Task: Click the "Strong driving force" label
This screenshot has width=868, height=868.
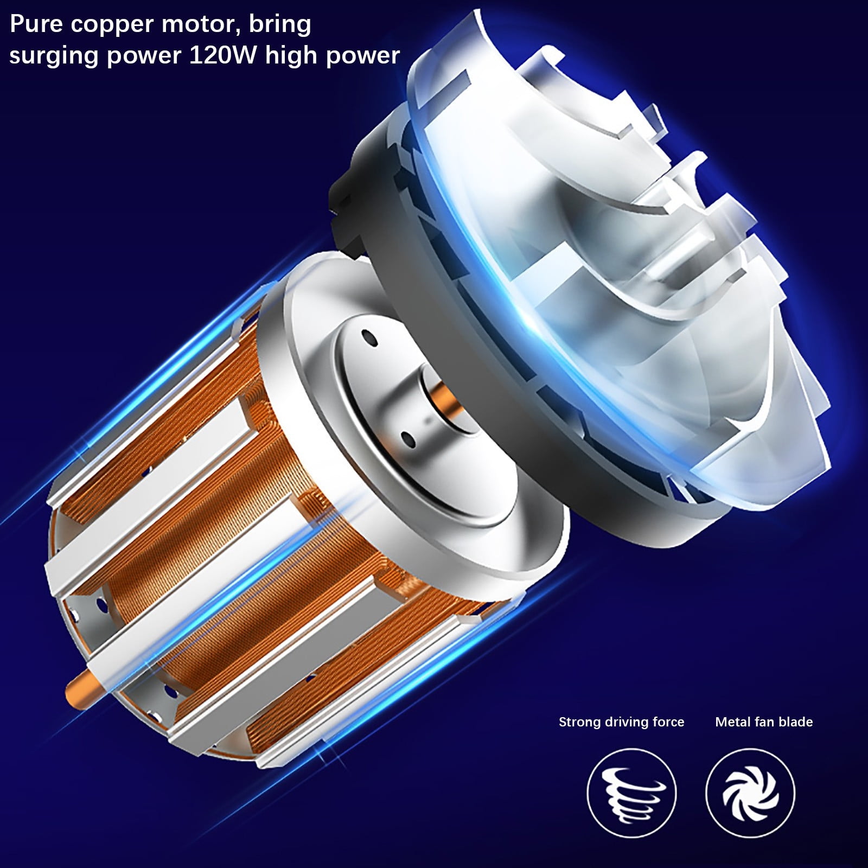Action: tap(622, 722)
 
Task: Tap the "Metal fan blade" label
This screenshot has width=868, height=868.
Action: tap(764, 722)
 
